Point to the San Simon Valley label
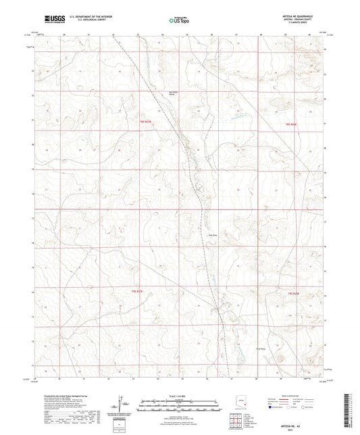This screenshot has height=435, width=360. click(x=175, y=94)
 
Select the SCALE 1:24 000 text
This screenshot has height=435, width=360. click(x=180, y=394)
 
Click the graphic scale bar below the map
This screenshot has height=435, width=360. click(x=180, y=401)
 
